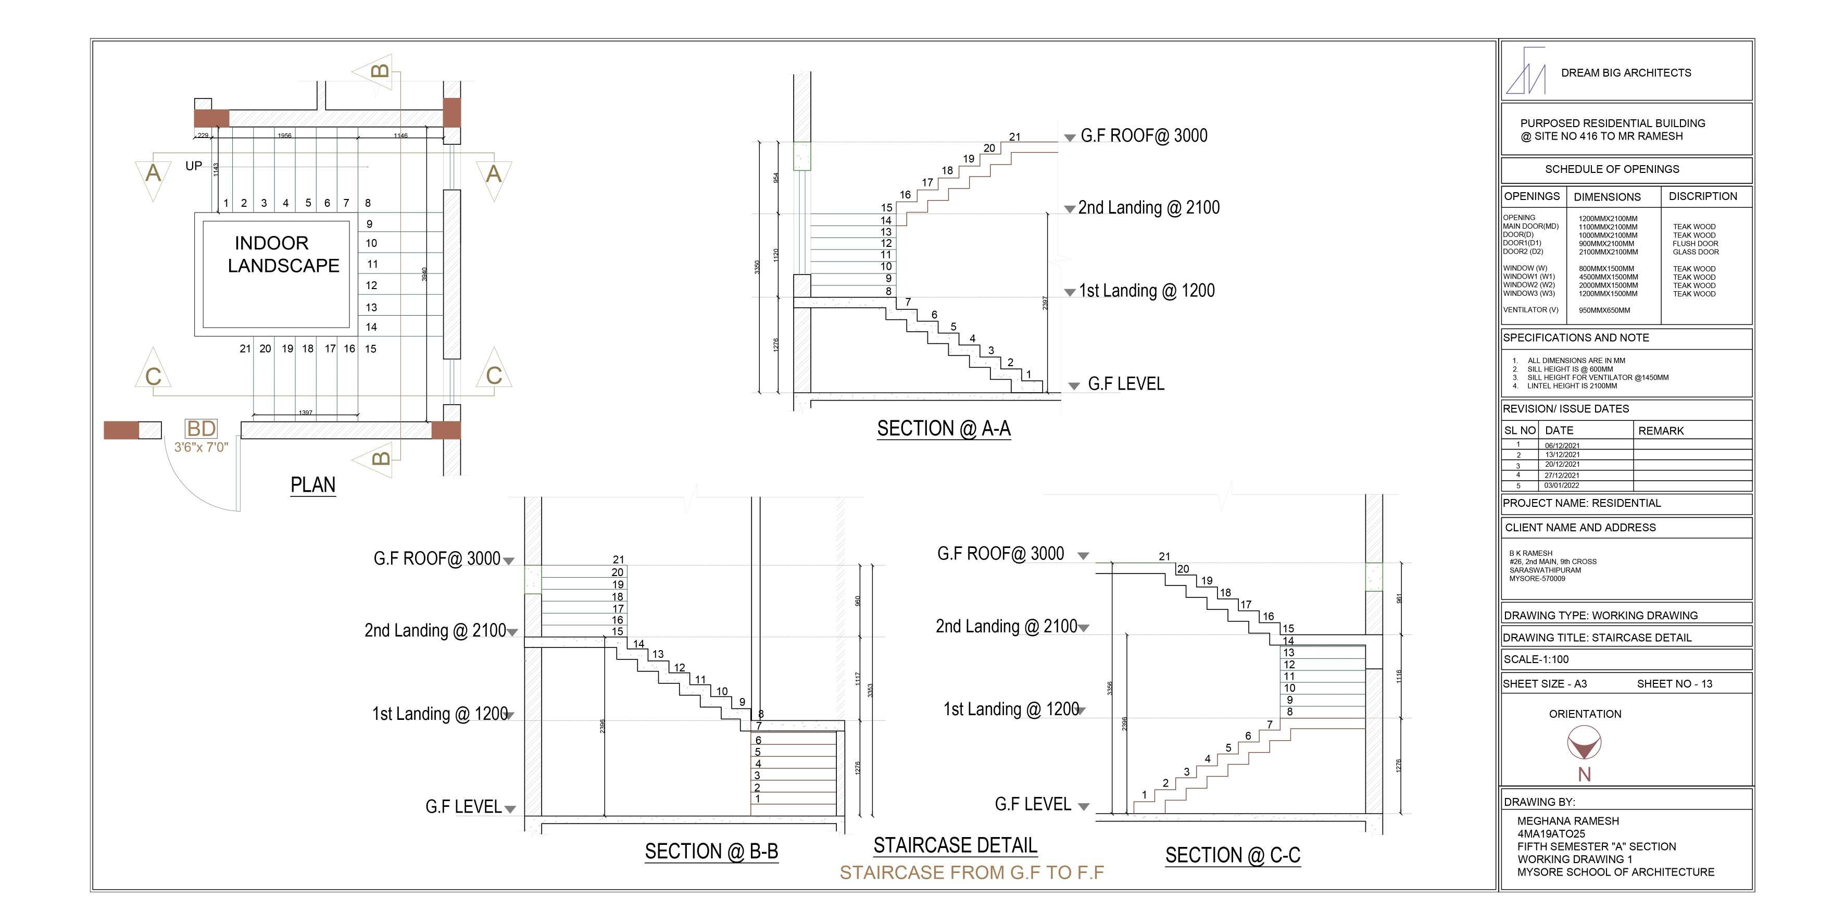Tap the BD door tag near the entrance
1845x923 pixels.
tap(201, 429)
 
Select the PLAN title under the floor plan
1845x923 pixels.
tap(313, 485)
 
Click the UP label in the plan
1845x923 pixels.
tap(193, 166)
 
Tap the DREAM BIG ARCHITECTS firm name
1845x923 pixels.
tap(1626, 73)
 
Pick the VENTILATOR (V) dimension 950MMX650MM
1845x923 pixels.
tap(1604, 310)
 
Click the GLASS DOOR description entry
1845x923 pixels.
tap(1696, 252)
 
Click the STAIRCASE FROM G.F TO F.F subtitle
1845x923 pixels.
tap(971, 873)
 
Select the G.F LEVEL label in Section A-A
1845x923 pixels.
tap(1126, 384)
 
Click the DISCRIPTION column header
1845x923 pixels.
tap(1702, 196)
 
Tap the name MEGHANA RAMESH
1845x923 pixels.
tap(1568, 821)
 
